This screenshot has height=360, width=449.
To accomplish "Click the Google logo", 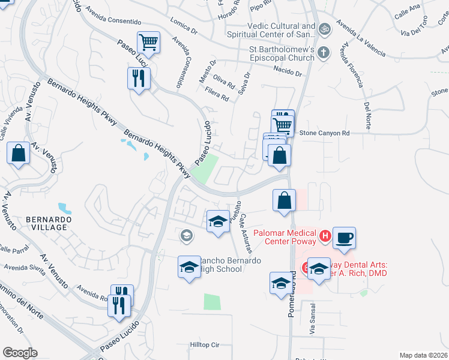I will (20, 353).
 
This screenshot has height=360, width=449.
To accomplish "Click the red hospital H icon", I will (325, 236).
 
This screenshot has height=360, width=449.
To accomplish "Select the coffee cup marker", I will (344, 238).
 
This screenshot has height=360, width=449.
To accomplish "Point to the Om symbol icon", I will (325, 28).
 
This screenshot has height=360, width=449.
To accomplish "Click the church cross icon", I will (325, 52).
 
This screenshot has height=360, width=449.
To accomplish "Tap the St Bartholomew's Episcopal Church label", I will (282, 54).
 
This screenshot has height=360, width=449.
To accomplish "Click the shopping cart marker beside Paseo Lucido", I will (148, 42).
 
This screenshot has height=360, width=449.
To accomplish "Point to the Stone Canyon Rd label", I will (324, 133).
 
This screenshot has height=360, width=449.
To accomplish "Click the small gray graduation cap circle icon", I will (187, 235).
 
